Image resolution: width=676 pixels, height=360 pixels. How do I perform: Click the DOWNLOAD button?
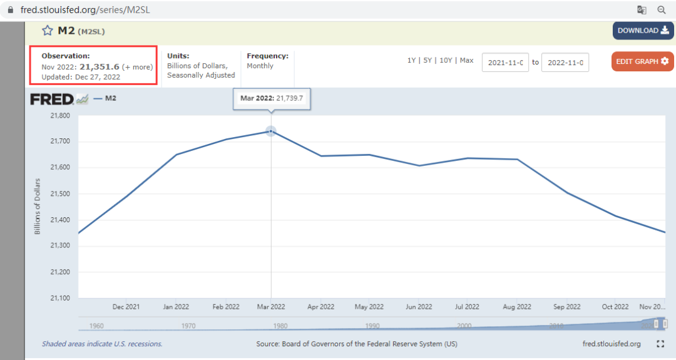pos(643,31)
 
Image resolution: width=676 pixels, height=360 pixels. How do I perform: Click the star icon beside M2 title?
pos(48,31)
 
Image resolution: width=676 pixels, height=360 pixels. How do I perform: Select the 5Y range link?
pos(428,60)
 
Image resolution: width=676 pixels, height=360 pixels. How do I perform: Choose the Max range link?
pos(466,60)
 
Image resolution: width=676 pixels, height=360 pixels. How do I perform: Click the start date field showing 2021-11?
pos(505,63)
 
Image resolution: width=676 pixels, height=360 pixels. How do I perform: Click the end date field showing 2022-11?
pos(565,63)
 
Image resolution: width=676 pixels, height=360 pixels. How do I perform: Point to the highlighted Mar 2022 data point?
pos(271,131)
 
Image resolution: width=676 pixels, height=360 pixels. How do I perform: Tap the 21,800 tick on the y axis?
pos(60,116)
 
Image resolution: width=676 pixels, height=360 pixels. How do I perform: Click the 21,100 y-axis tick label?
pos(60,298)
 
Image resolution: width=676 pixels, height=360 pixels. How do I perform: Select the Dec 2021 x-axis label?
pos(126,307)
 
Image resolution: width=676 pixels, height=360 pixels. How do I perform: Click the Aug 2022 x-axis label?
pos(517,307)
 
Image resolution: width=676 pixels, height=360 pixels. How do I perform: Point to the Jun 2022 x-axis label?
pos(419,307)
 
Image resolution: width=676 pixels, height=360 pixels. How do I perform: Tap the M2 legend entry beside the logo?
pos(105,98)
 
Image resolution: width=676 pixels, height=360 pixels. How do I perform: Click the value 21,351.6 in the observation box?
pos(99,67)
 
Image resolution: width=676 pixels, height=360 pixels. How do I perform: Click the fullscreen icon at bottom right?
pos(660,344)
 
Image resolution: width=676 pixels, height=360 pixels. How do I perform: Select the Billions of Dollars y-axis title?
pos(37,207)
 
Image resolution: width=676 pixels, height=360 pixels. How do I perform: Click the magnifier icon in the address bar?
pos(662,9)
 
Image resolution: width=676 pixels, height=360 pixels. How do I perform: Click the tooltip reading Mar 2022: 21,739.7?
pos(272,98)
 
